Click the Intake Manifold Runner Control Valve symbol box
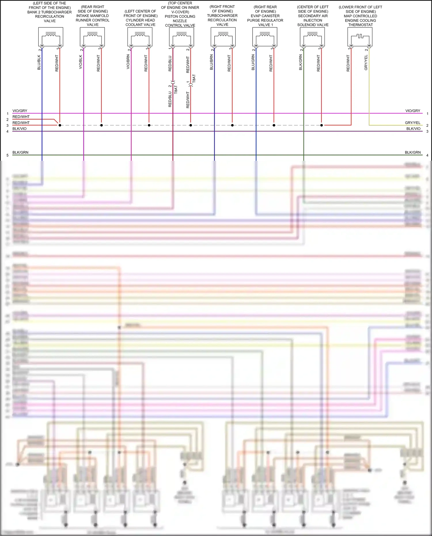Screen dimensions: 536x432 (x=92, y=37)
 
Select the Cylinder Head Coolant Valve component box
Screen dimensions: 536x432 (x=140, y=37)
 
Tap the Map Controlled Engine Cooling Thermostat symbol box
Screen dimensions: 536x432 (x=360, y=37)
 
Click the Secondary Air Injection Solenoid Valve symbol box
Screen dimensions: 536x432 (x=312, y=37)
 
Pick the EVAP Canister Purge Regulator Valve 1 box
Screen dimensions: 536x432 (x=265, y=37)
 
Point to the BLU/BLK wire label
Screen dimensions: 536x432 (x=39, y=62)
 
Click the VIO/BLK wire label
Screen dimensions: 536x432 (x=81, y=62)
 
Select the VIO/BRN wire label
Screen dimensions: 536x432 (x=128, y=62)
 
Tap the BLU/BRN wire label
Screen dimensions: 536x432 (x=211, y=62)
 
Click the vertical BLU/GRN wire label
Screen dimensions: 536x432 (x=253, y=62)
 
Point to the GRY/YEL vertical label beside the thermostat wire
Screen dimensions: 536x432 (x=366, y=62)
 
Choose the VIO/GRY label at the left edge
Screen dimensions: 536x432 (x=20, y=111)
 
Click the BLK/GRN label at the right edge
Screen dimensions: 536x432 (x=413, y=152)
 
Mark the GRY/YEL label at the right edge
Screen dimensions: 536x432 (x=413, y=123)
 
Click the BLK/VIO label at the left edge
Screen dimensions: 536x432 (x=20, y=129)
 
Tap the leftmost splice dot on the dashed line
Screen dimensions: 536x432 (x=60, y=125)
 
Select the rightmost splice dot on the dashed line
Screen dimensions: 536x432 (x=322, y=125)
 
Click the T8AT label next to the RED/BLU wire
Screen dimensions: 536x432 (x=176, y=90)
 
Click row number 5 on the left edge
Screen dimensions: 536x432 (x=7, y=155)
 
